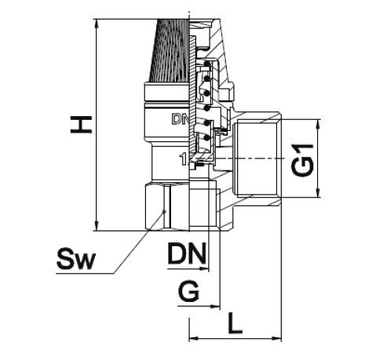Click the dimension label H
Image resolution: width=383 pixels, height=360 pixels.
[81, 125]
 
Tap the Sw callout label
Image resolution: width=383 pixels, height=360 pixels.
[76, 259]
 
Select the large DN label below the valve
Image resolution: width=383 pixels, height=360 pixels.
[187, 253]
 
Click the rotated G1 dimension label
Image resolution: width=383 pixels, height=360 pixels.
[302, 160]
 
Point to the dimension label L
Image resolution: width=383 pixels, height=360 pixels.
[235, 324]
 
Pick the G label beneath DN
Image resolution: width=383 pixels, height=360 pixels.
[188, 291]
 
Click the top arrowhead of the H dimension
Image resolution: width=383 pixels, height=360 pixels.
[97, 24]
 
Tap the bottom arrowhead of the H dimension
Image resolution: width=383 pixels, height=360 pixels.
[97, 227]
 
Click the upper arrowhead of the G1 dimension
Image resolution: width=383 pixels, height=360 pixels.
[319, 124]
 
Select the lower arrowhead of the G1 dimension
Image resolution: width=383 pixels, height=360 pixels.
[319, 193]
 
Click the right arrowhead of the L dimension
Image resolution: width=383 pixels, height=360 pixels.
[277, 339]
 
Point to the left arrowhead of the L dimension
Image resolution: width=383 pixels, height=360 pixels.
[194, 339]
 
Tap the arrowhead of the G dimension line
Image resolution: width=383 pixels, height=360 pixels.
[215, 306]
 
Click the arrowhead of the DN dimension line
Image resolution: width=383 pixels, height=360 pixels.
[204, 268]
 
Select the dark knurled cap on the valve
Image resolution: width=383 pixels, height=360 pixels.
[170, 50]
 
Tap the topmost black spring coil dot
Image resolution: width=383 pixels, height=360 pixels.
[207, 64]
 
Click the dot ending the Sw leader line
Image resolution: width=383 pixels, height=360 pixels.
[165, 211]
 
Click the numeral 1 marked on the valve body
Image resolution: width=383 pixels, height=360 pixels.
[183, 159]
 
